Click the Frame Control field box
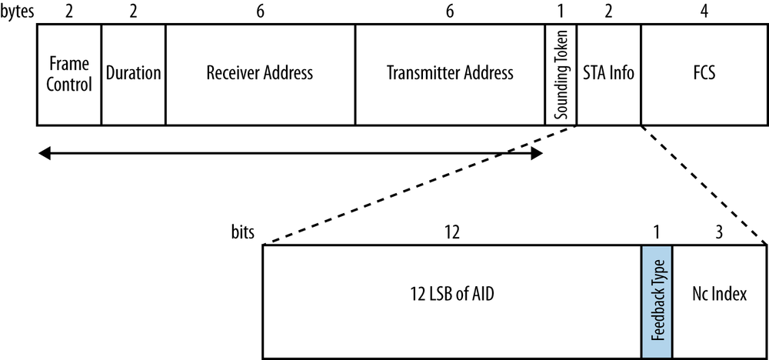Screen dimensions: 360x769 (x=69, y=74)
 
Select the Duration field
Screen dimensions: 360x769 (x=133, y=74)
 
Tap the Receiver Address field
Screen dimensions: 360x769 (x=260, y=74)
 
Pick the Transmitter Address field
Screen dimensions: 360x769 (x=450, y=74)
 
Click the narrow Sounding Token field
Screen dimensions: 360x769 (x=561, y=74)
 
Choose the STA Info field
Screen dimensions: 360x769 (x=608, y=74)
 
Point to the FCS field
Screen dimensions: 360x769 (x=704, y=74)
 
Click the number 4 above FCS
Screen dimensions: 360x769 (x=704, y=12)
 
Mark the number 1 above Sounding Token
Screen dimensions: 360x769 (x=561, y=12)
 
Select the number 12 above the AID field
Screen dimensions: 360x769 (x=452, y=232)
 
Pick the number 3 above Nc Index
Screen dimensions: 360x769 (x=720, y=232)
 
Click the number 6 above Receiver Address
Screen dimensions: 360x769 (x=260, y=12)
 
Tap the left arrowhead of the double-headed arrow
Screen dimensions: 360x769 (x=44, y=154)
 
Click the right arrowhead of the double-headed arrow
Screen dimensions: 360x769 (x=538, y=154)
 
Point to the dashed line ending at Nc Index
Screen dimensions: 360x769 (x=704, y=185)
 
